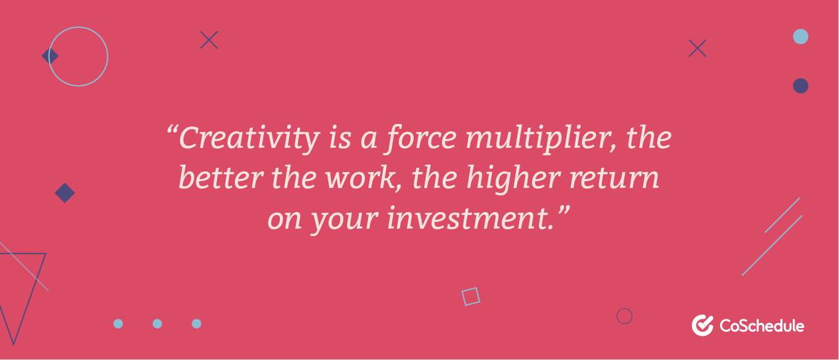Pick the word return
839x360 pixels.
[x=614, y=179]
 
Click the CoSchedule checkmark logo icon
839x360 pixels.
[x=702, y=325]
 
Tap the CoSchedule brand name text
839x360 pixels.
[x=762, y=325]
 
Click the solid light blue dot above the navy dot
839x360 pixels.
[x=800, y=37]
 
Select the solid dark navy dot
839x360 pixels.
[x=800, y=86]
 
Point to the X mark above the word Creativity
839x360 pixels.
[x=209, y=39]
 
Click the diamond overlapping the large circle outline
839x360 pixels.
[x=50, y=56]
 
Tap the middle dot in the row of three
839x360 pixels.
[x=157, y=324]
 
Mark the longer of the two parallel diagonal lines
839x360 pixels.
[x=772, y=245]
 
